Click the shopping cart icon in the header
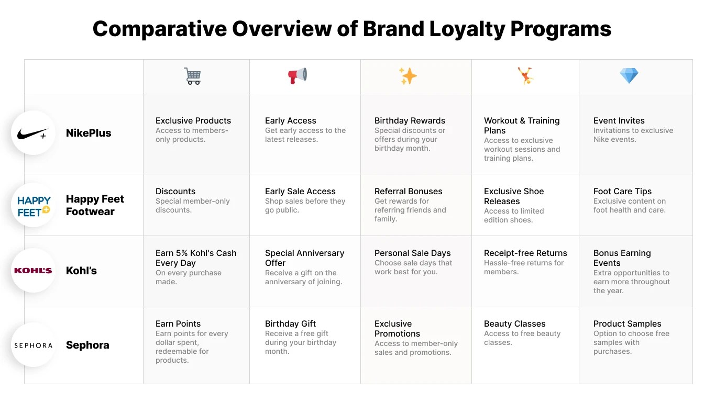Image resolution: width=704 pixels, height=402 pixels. [x=192, y=76]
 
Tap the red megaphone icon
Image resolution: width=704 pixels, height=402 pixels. [x=298, y=76]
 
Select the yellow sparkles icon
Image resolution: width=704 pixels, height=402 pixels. [x=408, y=76]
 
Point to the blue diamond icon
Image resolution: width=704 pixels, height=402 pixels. [x=629, y=76]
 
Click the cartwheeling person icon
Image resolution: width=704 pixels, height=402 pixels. [x=525, y=76]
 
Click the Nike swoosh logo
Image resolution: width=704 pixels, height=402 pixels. [x=32, y=133]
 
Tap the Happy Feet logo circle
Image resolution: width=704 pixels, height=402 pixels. [x=34, y=206]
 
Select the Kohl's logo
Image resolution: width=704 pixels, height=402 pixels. [x=33, y=271]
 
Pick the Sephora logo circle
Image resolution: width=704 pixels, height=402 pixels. [x=33, y=345]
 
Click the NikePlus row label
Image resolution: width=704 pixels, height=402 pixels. [x=89, y=133]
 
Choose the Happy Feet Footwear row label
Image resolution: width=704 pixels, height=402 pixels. [x=95, y=205]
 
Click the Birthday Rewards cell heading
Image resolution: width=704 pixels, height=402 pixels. [x=410, y=121]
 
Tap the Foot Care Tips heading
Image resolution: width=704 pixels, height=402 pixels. [x=622, y=192]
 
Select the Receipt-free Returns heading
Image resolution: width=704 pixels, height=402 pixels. [x=525, y=253]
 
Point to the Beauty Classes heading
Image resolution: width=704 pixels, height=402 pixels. [x=514, y=324]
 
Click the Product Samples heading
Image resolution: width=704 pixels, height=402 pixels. [x=627, y=324]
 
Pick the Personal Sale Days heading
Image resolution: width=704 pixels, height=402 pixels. [x=412, y=253]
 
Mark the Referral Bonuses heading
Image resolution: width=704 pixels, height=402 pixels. [x=408, y=192]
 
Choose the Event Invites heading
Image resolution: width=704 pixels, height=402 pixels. [x=619, y=121]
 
